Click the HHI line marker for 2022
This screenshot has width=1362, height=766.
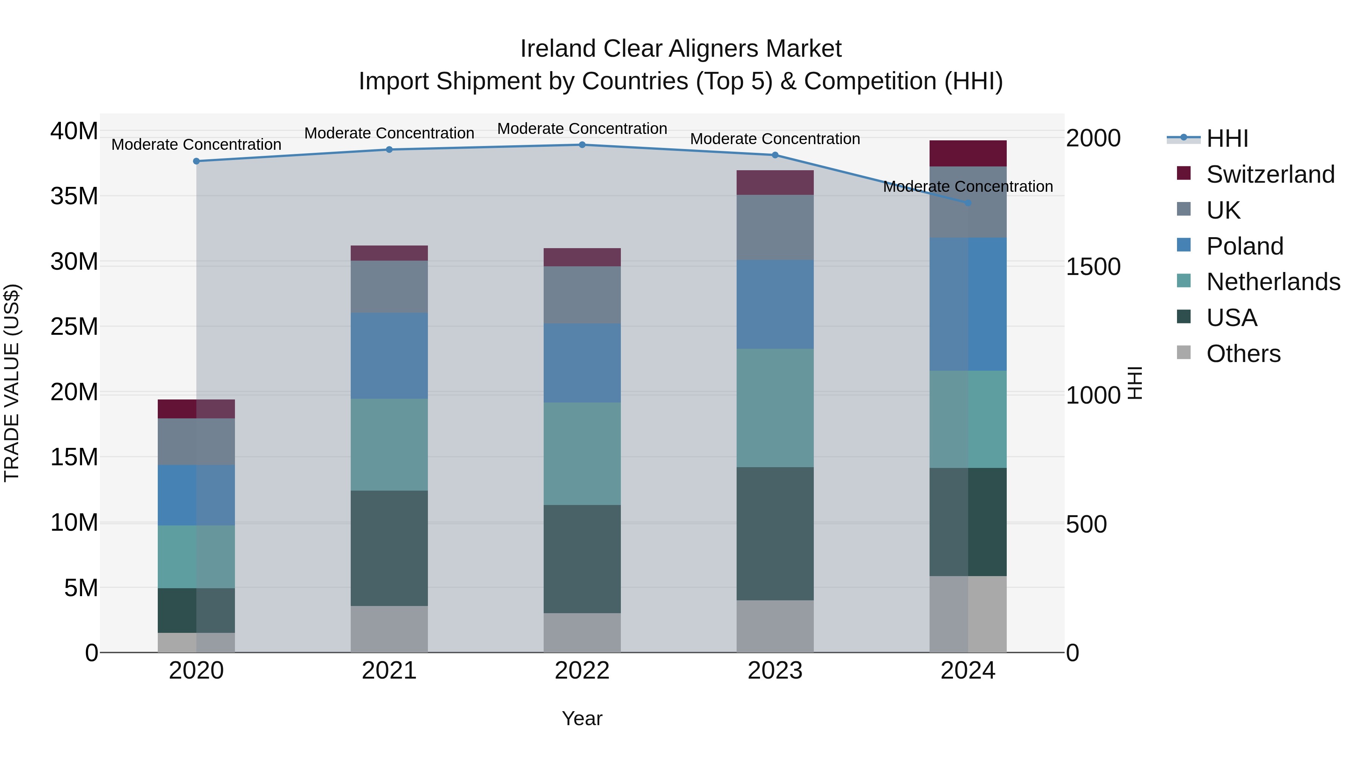tap(582, 145)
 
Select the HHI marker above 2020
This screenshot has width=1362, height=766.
tap(196, 161)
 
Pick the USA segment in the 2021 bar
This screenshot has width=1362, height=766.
tap(389, 548)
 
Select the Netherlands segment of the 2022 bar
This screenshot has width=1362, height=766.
tap(582, 454)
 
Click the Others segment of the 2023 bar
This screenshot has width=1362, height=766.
tap(775, 626)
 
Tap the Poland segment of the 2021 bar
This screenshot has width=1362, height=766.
tap(389, 356)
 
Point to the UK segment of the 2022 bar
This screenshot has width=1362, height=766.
tap(582, 295)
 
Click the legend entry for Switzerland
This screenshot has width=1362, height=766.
tap(1270, 174)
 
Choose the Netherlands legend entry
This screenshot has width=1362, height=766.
tap(1273, 282)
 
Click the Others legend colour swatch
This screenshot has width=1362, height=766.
tap(1184, 353)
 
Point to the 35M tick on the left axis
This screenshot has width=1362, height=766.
tap(74, 196)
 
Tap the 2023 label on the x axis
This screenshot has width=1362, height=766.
tap(775, 671)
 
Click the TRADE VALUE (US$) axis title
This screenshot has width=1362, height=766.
tap(12, 383)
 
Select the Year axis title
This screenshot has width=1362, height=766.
tap(582, 718)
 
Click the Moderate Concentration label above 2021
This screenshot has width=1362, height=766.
tap(389, 133)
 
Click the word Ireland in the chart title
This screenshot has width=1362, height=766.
tap(558, 49)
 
